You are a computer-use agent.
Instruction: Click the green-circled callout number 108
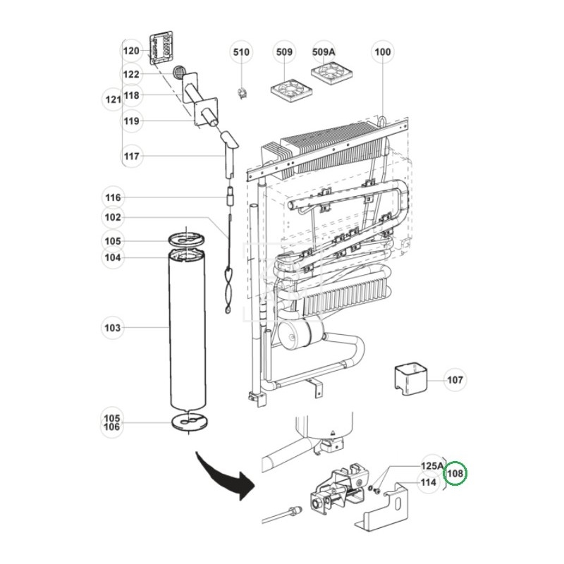[x=455, y=474]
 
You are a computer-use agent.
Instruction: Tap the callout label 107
[x=455, y=380]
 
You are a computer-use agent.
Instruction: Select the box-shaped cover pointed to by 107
[x=411, y=379]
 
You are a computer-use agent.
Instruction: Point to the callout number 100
[x=383, y=52]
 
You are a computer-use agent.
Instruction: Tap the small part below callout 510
[x=243, y=92]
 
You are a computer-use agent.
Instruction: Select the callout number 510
[x=242, y=52]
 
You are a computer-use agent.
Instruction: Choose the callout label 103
[x=113, y=328]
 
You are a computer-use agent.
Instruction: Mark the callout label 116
[x=113, y=197]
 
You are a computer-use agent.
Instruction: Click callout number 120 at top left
[x=132, y=51]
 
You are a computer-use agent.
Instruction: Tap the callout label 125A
[x=432, y=466]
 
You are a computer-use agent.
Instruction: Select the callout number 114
[x=428, y=483]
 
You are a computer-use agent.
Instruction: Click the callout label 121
[x=113, y=100]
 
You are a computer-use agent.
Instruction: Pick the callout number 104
[x=113, y=258]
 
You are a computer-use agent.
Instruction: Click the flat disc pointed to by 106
[x=190, y=422]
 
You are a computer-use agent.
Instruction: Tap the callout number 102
[x=113, y=217]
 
